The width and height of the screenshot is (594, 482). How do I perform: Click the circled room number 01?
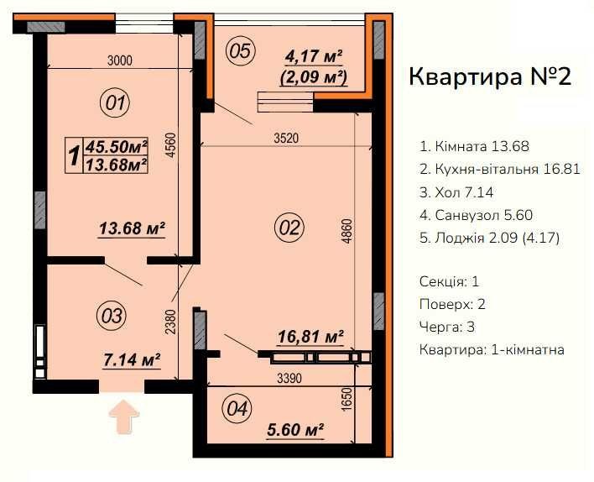[x=116, y=104]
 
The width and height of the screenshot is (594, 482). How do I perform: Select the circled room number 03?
[x=112, y=316]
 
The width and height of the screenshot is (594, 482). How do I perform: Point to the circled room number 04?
[x=237, y=410]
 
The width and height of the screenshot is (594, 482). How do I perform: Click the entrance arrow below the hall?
[x=123, y=416]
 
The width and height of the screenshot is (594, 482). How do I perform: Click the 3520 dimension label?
[x=285, y=138]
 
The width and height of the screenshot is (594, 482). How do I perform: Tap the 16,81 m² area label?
[x=310, y=337]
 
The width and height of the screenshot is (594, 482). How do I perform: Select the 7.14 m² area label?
[x=132, y=359]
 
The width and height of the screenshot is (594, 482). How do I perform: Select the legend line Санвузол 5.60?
[x=475, y=215]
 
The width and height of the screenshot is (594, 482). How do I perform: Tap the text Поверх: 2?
[x=451, y=303]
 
